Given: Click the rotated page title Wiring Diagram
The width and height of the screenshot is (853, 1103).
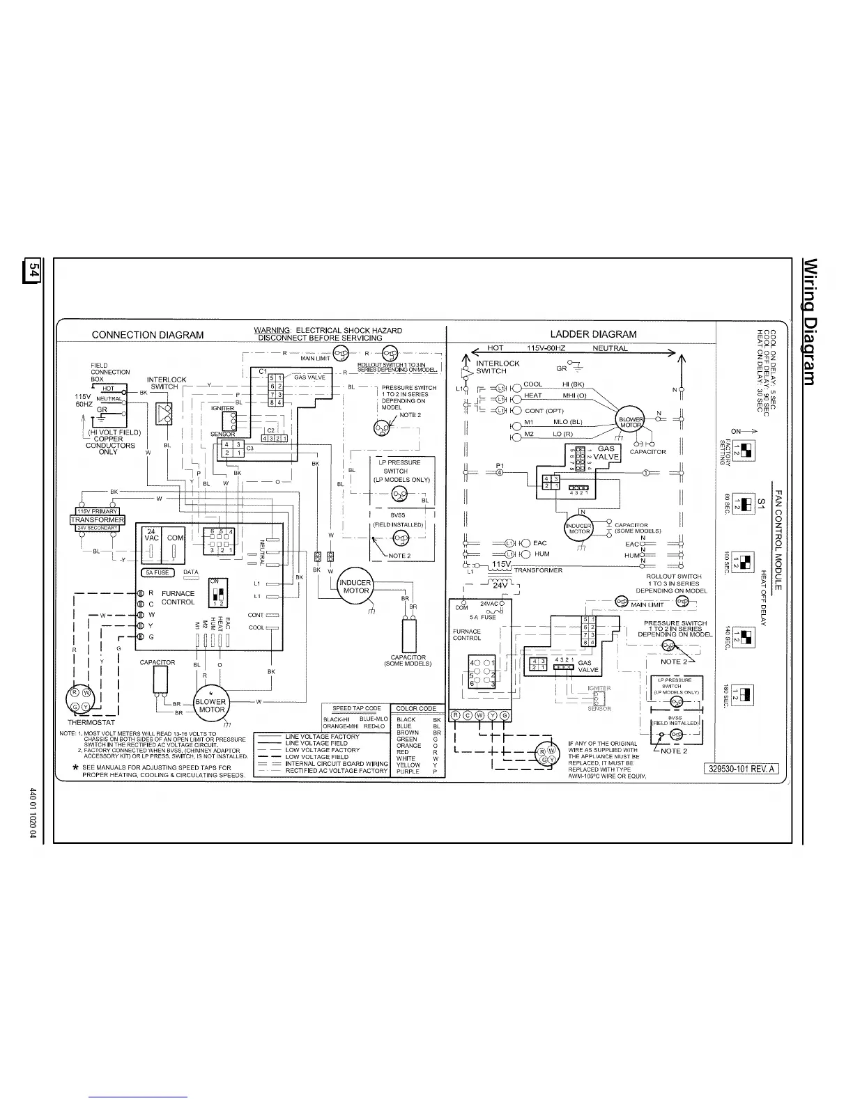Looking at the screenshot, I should pos(810,321).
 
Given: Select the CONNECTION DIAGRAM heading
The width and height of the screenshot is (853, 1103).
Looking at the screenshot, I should pos(148,335).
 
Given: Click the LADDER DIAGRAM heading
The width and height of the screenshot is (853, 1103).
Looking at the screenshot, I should pos(593,334).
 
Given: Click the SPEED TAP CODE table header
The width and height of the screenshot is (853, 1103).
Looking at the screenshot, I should pos(356,709).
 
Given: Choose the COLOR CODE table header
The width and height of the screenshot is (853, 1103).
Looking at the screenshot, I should pos(416,709).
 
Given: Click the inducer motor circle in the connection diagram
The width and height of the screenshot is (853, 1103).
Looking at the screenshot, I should pos(355,586).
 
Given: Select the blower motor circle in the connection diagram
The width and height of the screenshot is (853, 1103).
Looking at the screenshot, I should pos(210,705).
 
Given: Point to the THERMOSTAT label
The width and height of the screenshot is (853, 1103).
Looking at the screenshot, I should pos(91,723).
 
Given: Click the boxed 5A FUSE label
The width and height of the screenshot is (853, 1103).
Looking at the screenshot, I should pos(157,572).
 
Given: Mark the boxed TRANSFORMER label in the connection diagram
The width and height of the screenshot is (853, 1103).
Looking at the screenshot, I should pos(98,519).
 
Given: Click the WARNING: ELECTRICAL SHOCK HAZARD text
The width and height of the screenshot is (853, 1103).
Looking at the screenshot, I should pos(328,330).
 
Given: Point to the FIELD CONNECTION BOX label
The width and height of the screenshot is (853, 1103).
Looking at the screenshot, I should pos(109,372).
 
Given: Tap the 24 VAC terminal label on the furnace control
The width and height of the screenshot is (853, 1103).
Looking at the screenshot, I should pos(151,534).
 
